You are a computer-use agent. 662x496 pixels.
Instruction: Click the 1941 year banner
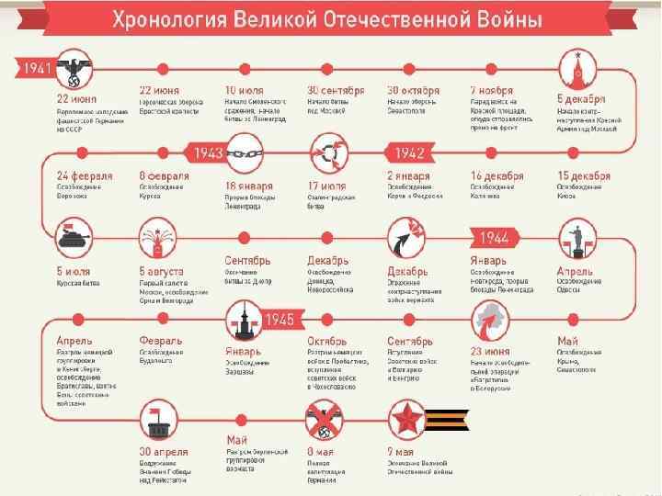tap(37, 69)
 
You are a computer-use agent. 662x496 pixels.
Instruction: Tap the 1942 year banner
tap(410, 152)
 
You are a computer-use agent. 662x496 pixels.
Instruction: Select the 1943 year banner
tap(208, 152)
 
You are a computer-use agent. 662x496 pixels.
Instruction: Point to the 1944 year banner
tap(495, 238)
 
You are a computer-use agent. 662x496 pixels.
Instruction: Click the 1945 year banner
tap(279, 319)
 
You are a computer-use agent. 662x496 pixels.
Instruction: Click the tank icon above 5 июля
tap(72, 236)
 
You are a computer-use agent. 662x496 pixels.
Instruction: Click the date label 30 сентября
tap(336, 91)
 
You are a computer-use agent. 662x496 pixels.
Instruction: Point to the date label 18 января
tap(250, 185)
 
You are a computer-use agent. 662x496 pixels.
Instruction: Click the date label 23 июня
tap(490, 350)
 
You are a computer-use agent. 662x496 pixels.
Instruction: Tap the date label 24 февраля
tap(85, 175)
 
